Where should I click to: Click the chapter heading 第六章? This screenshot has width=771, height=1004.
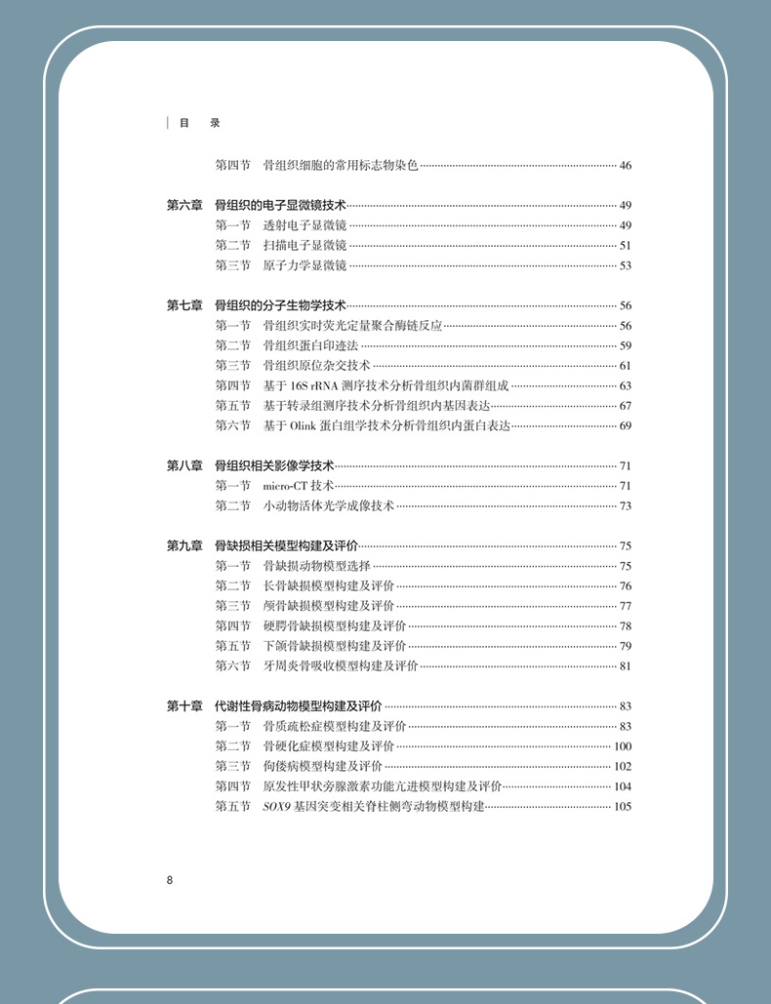click(184, 205)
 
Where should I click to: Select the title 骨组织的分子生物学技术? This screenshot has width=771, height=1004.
click(281, 305)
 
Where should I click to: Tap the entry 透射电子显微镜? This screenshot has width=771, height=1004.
click(304, 225)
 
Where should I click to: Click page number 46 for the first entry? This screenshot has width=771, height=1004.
click(626, 165)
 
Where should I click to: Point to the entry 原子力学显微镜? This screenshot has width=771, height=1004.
click(304, 265)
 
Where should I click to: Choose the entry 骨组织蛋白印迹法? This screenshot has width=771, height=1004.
click(310, 345)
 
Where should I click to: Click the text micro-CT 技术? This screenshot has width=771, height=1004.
click(299, 485)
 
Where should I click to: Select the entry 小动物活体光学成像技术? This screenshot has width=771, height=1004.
click(329, 505)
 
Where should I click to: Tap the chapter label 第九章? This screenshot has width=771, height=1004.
click(184, 545)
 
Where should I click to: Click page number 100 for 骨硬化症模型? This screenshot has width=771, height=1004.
click(623, 746)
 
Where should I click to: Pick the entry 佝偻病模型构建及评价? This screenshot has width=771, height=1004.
click(323, 766)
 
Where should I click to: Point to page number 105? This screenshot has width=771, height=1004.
click(623, 806)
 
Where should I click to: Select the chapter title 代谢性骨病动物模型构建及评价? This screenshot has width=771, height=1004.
click(299, 705)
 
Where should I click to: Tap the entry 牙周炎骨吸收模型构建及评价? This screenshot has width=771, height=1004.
click(341, 665)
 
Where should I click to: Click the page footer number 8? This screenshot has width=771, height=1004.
click(170, 879)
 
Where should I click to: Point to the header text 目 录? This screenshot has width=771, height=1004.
click(195, 123)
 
